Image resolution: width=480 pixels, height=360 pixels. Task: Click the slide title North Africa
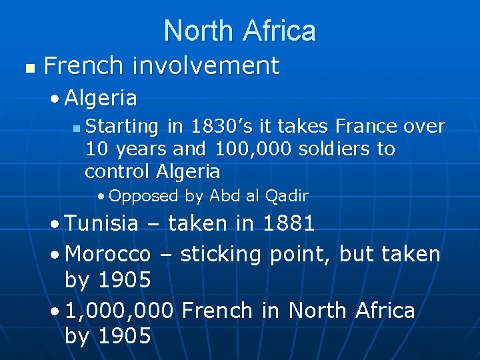point(239,31)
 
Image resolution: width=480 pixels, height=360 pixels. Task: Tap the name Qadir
point(287,195)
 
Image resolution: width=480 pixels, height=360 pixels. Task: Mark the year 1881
point(288,224)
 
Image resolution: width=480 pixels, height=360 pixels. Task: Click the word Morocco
point(108,254)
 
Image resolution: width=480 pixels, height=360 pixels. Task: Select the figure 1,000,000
point(120,311)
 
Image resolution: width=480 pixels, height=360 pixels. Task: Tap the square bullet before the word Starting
point(77,127)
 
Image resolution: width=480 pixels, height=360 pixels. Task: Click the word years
point(143,149)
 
